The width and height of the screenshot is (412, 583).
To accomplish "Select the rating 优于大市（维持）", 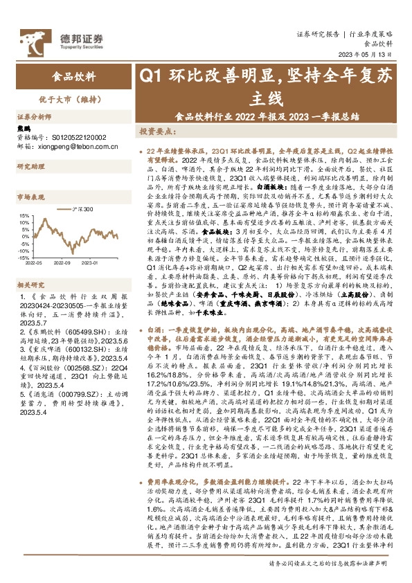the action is [69, 99].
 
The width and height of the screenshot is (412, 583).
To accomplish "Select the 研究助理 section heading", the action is [30, 166].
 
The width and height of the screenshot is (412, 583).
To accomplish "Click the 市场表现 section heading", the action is [30, 197].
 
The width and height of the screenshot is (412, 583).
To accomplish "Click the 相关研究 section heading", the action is [30, 285].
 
